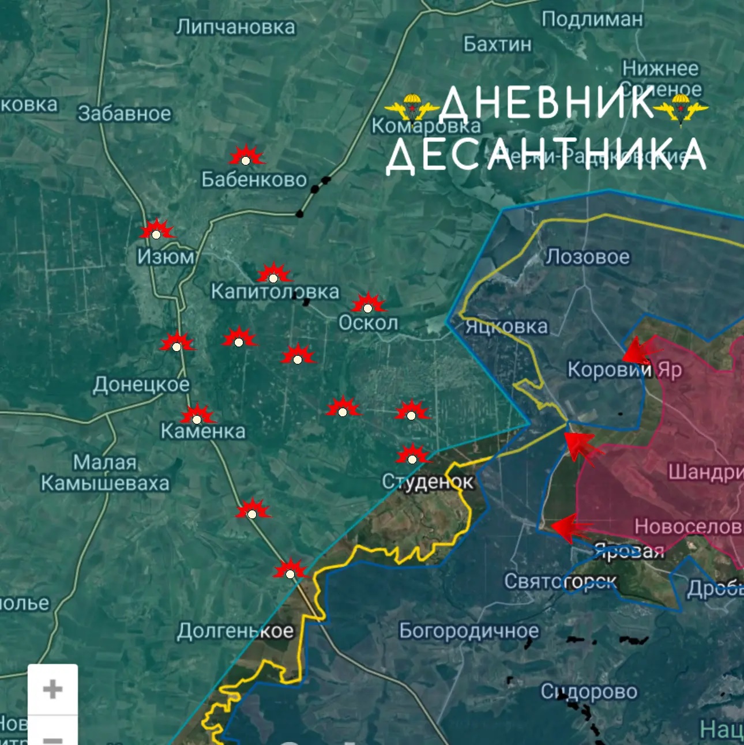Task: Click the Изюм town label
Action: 166,257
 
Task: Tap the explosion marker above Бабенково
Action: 246,157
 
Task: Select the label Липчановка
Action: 235,27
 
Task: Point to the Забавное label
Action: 125,114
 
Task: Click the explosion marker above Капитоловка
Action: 273,274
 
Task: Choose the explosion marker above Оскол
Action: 368,304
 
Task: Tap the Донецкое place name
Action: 141,385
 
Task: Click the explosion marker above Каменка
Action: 197,416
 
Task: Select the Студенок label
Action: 427,481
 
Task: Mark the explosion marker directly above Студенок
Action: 412,456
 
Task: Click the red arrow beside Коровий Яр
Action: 640,350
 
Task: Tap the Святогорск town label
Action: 560,581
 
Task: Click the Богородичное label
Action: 469,631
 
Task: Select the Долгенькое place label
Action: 235,631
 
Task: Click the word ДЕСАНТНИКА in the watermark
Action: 546,155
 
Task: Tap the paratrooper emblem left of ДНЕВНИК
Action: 412,108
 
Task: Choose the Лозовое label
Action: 588,257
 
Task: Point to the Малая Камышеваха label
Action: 105,473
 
